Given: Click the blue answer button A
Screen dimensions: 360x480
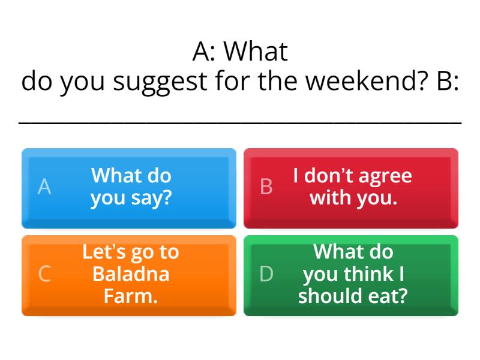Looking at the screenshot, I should (129, 188).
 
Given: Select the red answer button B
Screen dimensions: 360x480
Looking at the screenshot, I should (351, 188).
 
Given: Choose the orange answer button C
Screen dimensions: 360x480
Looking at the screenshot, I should (129, 275).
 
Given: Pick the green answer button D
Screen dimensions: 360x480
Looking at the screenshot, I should (351, 275).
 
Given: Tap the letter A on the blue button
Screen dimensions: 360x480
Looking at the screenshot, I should (44, 187).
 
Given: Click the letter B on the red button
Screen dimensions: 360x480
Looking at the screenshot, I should (266, 187).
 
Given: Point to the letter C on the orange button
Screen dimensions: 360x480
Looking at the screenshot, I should (44, 274).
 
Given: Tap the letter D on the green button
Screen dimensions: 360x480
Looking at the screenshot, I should (266, 274).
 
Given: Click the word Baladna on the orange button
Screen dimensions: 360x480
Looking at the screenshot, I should (131, 274).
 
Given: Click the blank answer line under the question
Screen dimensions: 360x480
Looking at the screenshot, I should (240, 122).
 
